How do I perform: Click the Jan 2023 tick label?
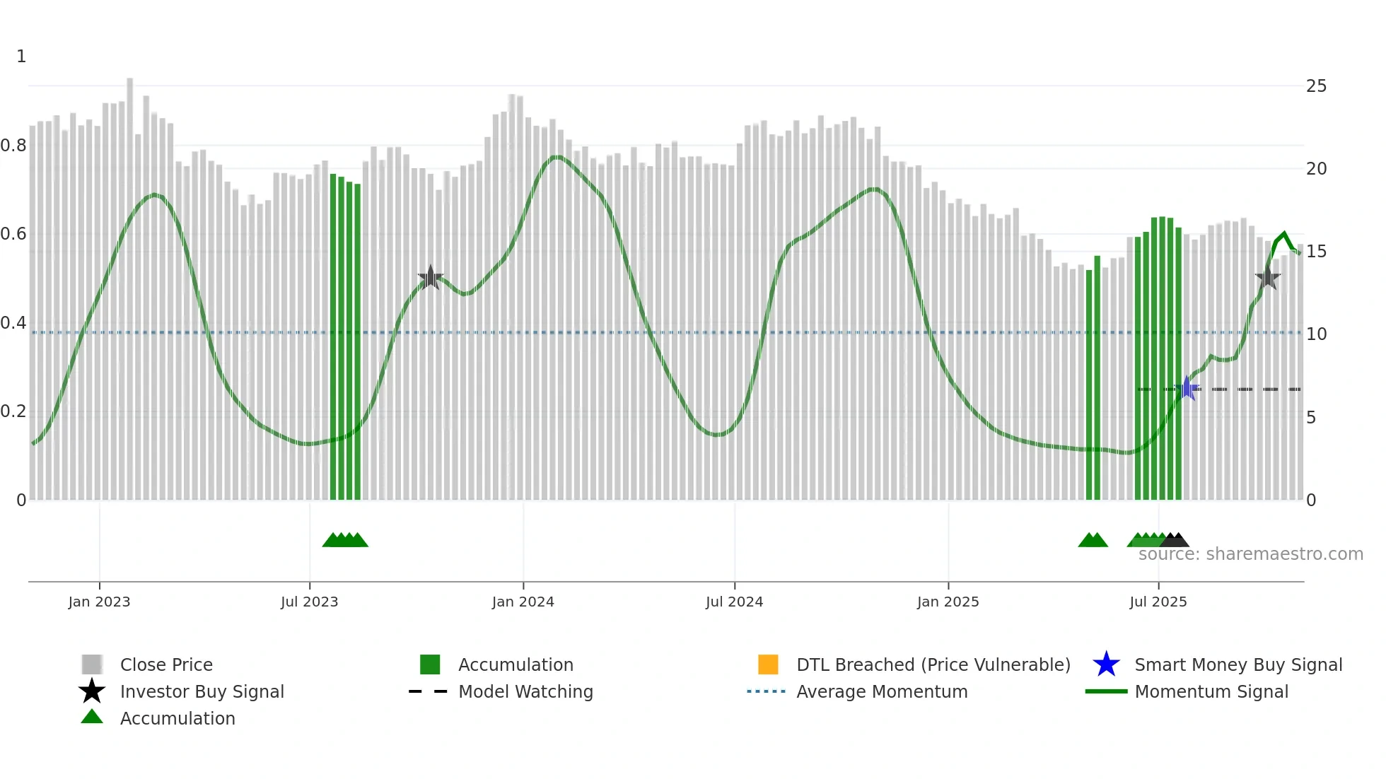(99, 602)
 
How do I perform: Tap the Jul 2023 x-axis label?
(309, 602)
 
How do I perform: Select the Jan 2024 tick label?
(523, 602)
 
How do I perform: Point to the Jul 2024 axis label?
(734, 602)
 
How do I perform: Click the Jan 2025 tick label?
(948, 602)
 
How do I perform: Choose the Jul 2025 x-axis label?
(1158, 602)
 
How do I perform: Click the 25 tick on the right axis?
(1316, 86)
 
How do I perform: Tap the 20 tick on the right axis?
(1316, 169)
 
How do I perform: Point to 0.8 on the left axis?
(13, 146)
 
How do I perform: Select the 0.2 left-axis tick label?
(13, 411)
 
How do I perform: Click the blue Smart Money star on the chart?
(1187, 388)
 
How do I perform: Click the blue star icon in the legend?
(1106, 664)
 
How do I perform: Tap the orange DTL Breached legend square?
(768, 664)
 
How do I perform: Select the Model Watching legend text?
(525, 691)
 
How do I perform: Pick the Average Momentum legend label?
(882, 691)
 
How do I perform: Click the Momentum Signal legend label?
(1211, 691)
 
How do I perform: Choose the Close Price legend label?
(166, 664)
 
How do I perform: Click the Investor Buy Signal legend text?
(202, 691)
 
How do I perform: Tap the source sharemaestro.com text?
(1250, 554)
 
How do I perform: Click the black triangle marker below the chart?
(1175, 541)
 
